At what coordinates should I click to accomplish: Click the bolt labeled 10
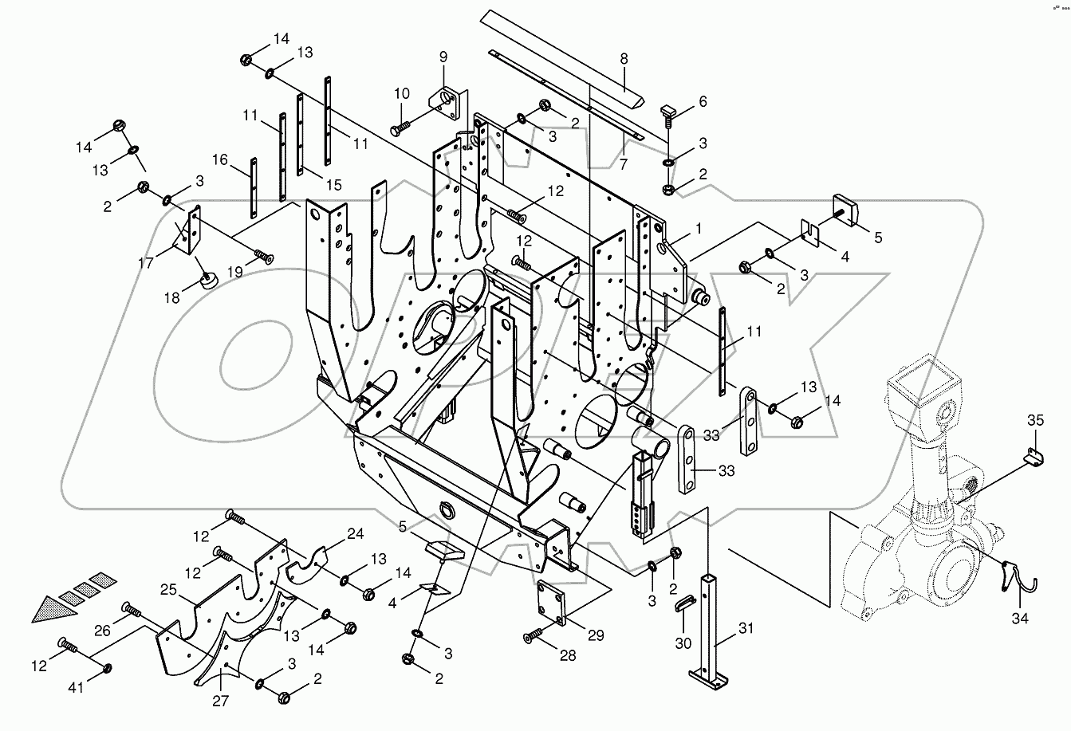(x=400, y=125)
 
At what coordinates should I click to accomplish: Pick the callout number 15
(x=333, y=185)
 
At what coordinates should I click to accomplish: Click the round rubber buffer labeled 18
(x=210, y=281)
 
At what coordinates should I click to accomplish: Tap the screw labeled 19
(x=263, y=257)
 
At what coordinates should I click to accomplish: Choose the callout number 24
(x=354, y=534)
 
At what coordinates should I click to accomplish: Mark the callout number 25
(x=168, y=591)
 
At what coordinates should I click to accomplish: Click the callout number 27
(x=220, y=701)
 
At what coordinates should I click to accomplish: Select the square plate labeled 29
(x=552, y=601)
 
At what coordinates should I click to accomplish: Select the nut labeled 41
(x=108, y=666)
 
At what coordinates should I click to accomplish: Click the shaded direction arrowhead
(x=48, y=610)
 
